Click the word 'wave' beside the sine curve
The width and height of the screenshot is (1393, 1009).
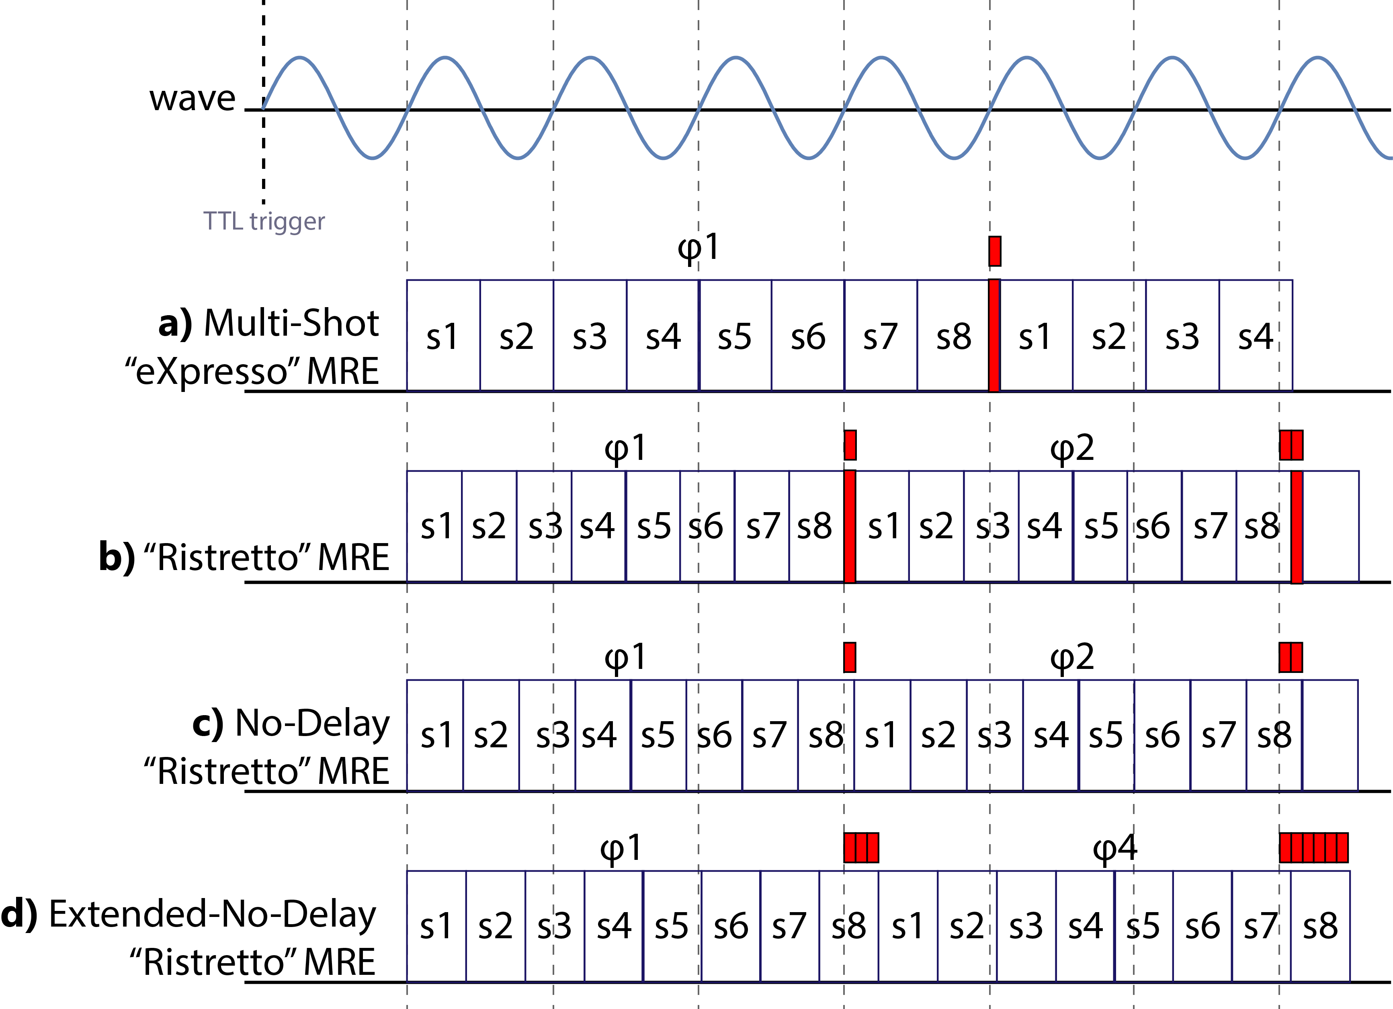click(192, 98)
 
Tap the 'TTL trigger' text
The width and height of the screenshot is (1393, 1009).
click(264, 221)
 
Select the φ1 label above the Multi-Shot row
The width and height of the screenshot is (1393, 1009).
click(699, 249)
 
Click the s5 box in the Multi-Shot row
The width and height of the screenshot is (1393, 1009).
click(735, 336)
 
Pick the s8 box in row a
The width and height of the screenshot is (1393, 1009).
click(953, 336)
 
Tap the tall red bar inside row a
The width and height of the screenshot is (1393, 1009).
click(994, 336)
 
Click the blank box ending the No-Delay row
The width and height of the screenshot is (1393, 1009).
click(1330, 735)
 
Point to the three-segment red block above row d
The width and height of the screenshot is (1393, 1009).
click(862, 848)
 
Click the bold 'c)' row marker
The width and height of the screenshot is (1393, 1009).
click(208, 723)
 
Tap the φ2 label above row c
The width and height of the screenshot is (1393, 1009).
click(1072, 658)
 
